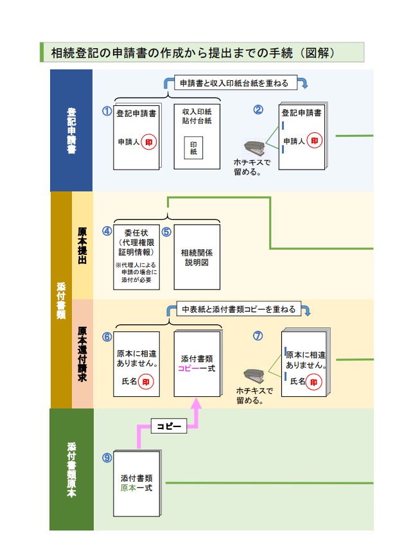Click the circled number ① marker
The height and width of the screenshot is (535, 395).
[x=107, y=110]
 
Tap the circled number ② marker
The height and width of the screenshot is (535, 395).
[x=258, y=109]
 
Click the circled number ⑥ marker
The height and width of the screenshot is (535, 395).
[x=107, y=336]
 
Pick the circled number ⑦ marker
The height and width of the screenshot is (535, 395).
[x=258, y=335]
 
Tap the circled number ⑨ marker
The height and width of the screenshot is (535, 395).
[x=107, y=457]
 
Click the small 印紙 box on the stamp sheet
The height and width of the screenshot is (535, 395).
[x=193, y=148]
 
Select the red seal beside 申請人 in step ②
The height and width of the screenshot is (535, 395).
[x=315, y=141]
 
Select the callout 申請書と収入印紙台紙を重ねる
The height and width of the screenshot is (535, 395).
[x=234, y=83]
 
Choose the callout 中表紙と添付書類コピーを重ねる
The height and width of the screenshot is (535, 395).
[x=238, y=310]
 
